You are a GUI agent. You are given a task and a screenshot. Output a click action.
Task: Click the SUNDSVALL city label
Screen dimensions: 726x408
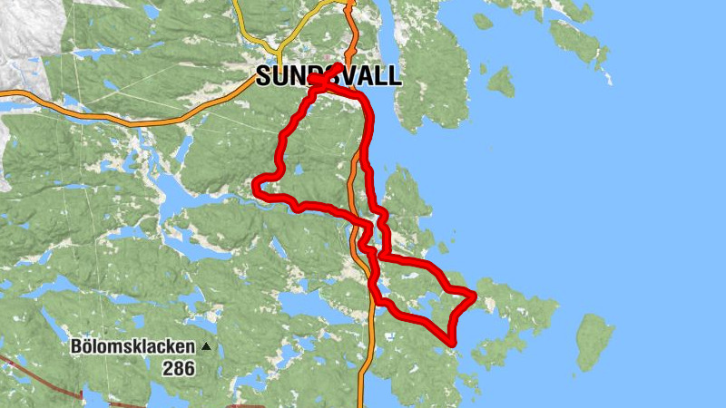328,76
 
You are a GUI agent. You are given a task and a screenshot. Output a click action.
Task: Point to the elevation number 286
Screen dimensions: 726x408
179,368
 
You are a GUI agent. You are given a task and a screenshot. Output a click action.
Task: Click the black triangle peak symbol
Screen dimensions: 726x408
207,346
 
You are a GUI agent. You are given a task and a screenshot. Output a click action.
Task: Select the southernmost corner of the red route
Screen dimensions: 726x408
451,341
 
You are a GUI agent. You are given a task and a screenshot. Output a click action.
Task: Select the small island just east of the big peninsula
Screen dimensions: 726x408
501,81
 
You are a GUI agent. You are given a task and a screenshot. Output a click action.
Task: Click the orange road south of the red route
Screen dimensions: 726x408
362,372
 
